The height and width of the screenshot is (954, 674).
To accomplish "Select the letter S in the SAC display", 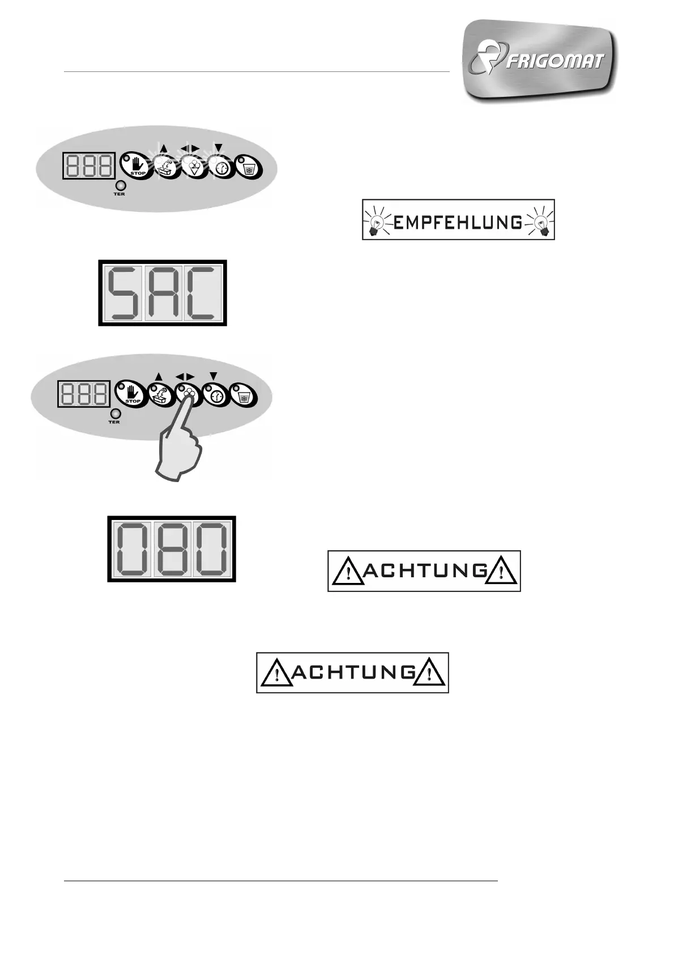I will (124, 293).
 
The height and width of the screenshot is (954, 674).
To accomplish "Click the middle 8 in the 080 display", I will (172, 549).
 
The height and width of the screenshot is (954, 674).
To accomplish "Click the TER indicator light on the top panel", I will (120, 185).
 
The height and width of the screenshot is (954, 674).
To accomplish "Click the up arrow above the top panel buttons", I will (164, 148).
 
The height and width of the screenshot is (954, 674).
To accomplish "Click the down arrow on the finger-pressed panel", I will (214, 375).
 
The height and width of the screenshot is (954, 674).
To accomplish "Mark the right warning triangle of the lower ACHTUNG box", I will (430, 674).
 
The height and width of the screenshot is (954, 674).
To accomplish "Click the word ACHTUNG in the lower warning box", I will (353, 673).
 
